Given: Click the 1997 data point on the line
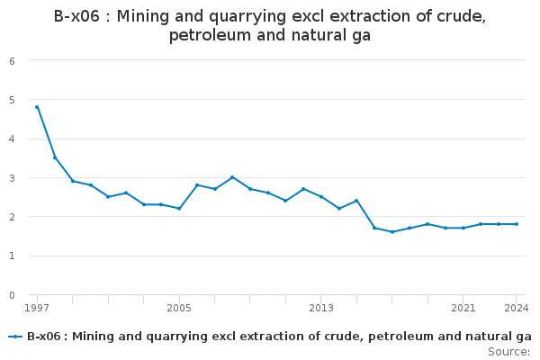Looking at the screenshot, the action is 37,107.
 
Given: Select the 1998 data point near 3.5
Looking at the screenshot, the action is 55,157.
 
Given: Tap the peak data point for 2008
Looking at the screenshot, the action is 232,177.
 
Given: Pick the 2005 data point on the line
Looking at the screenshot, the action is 179,209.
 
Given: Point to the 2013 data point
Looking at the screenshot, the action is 321,197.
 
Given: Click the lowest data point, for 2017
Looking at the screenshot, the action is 392,232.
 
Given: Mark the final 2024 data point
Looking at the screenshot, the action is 517,224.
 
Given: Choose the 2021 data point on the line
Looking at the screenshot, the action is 463,228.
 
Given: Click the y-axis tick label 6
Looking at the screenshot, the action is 12,61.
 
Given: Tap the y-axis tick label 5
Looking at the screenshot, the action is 12,100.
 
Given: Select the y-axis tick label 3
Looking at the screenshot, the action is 12,178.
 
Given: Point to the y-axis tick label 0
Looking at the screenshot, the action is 12,295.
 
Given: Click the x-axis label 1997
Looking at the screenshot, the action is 37,308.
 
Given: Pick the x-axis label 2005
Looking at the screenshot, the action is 179,308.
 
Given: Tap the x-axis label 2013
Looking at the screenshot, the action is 321,308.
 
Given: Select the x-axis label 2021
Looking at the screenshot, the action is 463,308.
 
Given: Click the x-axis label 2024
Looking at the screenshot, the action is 517,308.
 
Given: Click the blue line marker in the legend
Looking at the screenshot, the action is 15,337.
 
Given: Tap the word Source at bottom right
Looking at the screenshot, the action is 507,352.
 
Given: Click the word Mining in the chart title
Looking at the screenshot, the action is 142,16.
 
